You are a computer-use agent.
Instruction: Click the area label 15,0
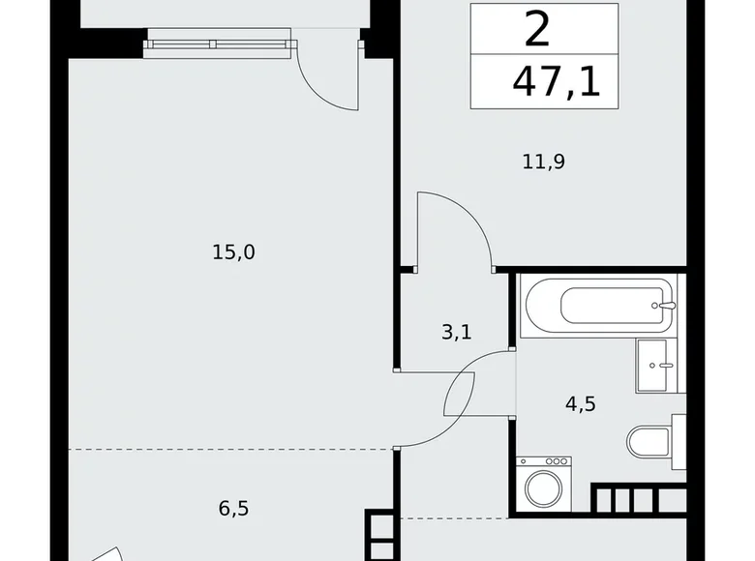coord(233,252)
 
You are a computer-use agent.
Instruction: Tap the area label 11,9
coord(543,162)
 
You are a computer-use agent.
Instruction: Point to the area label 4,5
coord(580,403)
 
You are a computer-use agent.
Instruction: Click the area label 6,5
coord(233,508)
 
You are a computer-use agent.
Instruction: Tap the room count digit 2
coord(537,30)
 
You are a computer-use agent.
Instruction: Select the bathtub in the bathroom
coord(595,307)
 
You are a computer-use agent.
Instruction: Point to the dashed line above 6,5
coord(232,449)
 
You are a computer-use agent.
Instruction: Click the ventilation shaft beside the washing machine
coord(639,498)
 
